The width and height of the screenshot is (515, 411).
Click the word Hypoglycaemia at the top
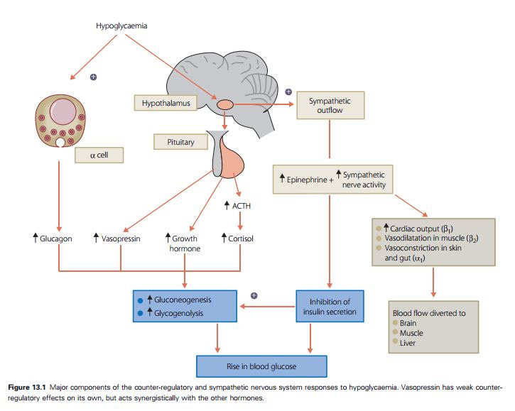coord(122,26)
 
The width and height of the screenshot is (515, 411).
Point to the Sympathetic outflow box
coord(329,106)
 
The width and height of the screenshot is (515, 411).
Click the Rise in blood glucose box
coord(261,366)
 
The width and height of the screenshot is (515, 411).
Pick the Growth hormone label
coord(183,243)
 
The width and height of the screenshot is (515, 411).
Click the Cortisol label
coord(239,239)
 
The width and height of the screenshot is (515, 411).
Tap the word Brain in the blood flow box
coord(409,323)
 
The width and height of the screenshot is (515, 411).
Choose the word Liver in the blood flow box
coord(408,343)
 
